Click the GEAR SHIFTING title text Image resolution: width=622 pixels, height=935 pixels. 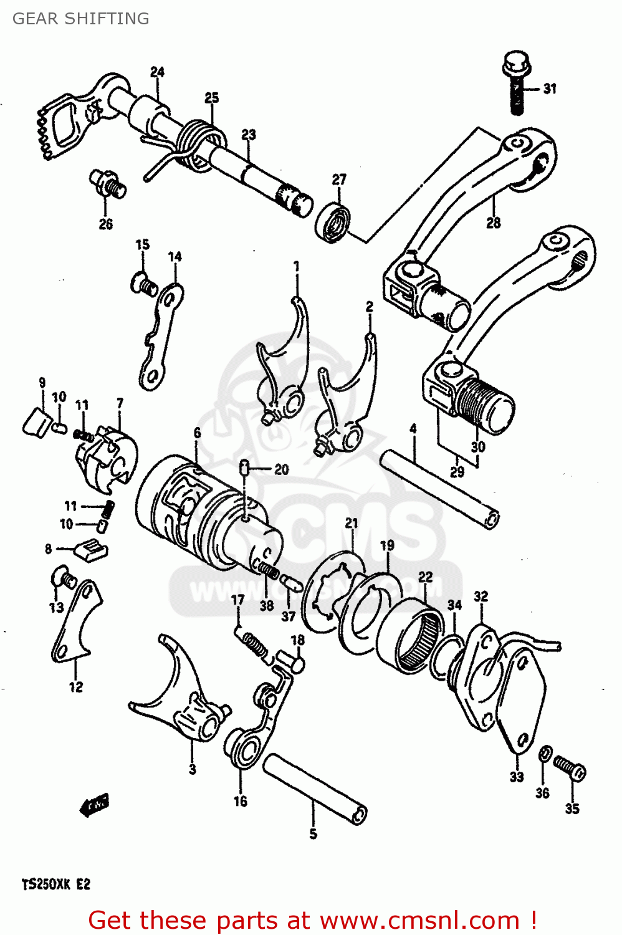click(81, 19)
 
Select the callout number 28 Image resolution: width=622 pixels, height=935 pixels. click(493, 223)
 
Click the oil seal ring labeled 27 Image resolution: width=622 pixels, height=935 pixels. click(333, 220)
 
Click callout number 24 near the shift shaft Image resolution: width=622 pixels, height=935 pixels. click(157, 72)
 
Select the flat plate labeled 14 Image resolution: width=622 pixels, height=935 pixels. click(160, 337)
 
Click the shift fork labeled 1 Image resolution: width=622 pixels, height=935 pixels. click(284, 368)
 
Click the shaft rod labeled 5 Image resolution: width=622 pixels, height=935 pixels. click(315, 788)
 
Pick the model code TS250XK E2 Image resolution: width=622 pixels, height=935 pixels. click(56, 885)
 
